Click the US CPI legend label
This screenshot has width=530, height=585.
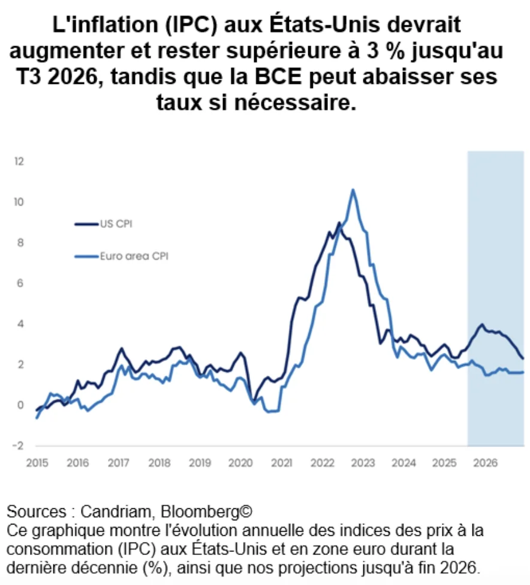(116, 224)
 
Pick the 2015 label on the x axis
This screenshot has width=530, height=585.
(37, 463)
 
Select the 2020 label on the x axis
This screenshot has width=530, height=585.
(240, 463)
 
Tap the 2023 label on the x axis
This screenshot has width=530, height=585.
(363, 463)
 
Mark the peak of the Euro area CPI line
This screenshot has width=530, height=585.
(353, 190)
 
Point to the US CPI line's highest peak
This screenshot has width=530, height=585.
(339, 223)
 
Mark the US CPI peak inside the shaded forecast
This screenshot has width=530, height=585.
(481, 325)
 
